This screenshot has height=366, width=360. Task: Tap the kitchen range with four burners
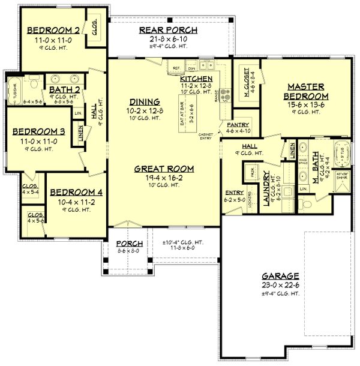[x=226, y=93]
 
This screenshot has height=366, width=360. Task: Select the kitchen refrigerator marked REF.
[x=176, y=67]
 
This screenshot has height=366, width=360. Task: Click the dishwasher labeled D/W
[x=191, y=67]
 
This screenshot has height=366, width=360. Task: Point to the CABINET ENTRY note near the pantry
[x=206, y=137]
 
